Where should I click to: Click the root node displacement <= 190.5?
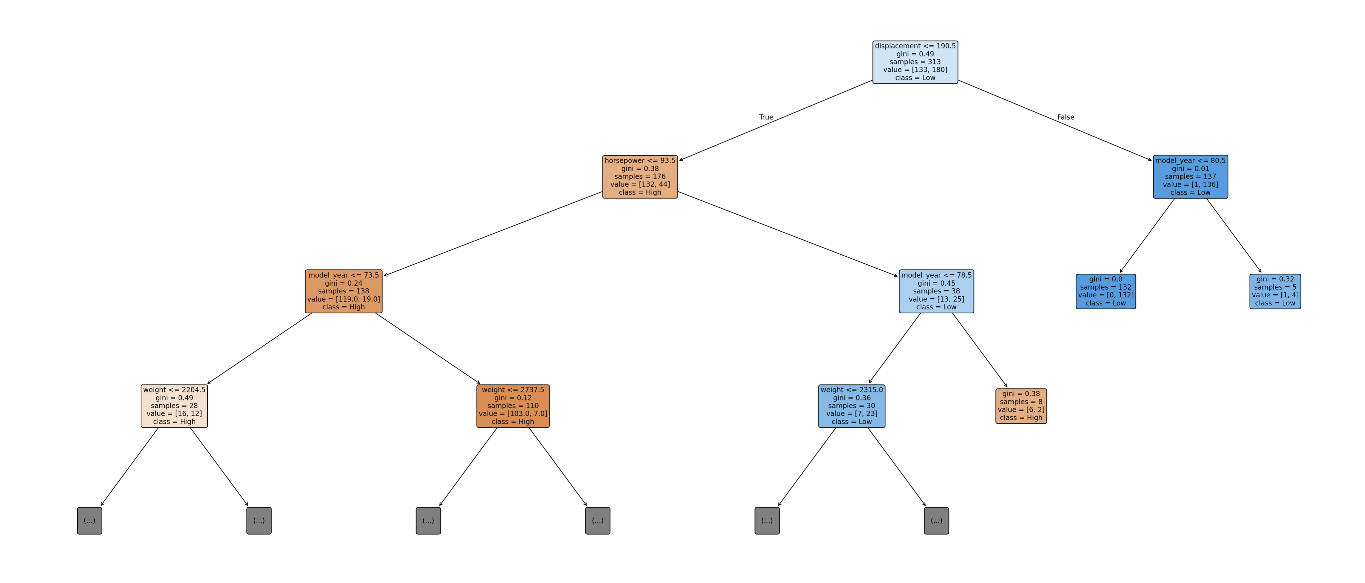(x=915, y=62)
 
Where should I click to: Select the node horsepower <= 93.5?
(x=640, y=177)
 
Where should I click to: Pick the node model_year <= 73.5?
(x=343, y=291)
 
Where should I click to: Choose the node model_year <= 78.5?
(x=936, y=291)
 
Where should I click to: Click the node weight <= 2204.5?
(x=174, y=406)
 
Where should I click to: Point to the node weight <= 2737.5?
(x=513, y=406)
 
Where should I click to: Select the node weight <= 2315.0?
(x=851, y=406)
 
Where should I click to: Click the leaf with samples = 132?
(x=1106, y=291)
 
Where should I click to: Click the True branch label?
(x=766, y=117)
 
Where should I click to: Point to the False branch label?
(x=1066, y=117)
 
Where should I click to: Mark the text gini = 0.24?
(x=343, y=283)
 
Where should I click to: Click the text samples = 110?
(x=513, y=406)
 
